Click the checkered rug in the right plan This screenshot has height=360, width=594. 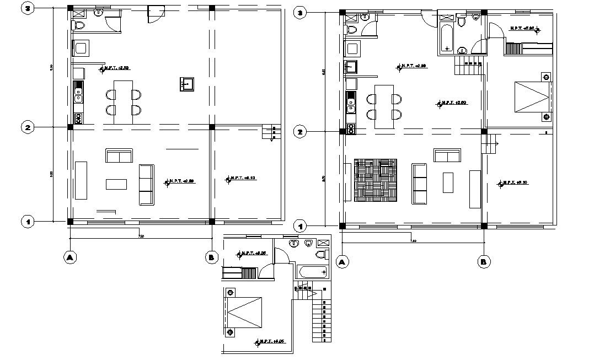click(x=375, y=180)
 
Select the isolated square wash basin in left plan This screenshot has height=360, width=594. click(x=187, y=84)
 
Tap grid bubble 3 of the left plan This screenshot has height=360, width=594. click(x=26, y=9)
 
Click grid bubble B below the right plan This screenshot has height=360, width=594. click(x=484, y=262)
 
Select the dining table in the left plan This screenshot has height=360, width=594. click(x=122, y=102)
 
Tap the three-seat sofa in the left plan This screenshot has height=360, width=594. click(x=146, y=184)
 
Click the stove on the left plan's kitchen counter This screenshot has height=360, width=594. click(x=78, y=118)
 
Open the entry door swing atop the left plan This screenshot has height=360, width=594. click(x=155, y=15)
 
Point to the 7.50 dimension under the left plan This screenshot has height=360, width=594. click(x=141, y=237)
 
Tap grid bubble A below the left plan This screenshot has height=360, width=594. click(x=70, y=257)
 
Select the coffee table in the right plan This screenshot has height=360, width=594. click(x=448, y=182)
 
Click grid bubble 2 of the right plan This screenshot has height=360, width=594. click(x=300, y=132)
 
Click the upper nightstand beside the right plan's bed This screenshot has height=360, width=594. click(x=546, y=77)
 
